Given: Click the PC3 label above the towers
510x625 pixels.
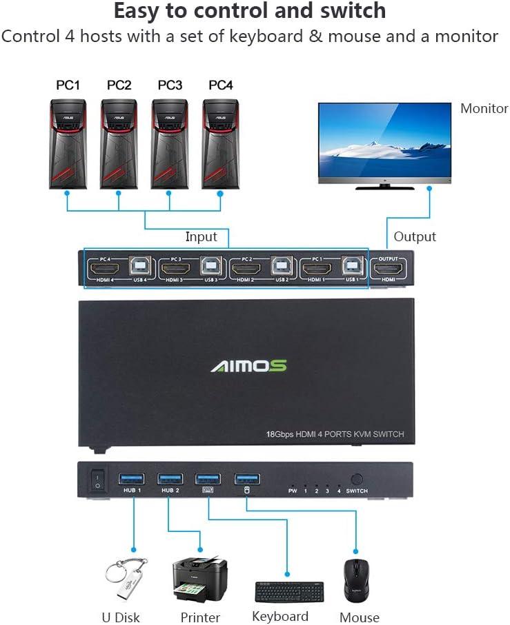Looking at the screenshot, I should click(x=170, y=85).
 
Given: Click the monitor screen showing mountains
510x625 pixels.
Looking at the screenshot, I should click(x=384, y=142).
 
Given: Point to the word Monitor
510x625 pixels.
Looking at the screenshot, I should click(x=484, y=108).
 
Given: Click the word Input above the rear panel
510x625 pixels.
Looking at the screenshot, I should click(x=201, y=236).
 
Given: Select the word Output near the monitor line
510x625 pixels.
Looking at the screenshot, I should click(x=415, y=236).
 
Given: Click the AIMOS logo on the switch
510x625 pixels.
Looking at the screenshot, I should click(x=248, y=365).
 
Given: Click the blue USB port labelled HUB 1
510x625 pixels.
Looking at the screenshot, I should click(x=132, y=478).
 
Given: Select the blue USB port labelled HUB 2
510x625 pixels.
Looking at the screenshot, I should click(x=170, y=478).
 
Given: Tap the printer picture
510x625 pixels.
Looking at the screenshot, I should click(x=199, y=580).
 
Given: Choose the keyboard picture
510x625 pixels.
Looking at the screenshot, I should click(x=289, y=592).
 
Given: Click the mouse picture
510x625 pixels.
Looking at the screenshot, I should click(x=356, y=580).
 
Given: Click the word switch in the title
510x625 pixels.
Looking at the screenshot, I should click(x=343, y=11).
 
